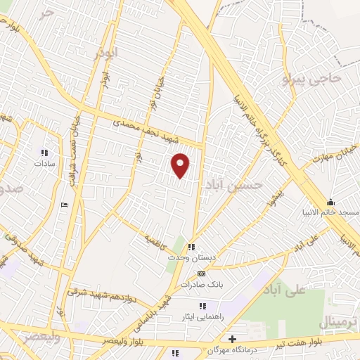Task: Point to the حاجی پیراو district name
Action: click(x=311, y=78)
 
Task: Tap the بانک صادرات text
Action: click(x=201, y=285)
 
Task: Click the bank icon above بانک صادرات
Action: click(x=202, y=274)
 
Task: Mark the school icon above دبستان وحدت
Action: click(x=191, y=247)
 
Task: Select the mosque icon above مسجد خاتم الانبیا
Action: click(x=330, y=203)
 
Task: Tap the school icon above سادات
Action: click(x=44, y=152)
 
